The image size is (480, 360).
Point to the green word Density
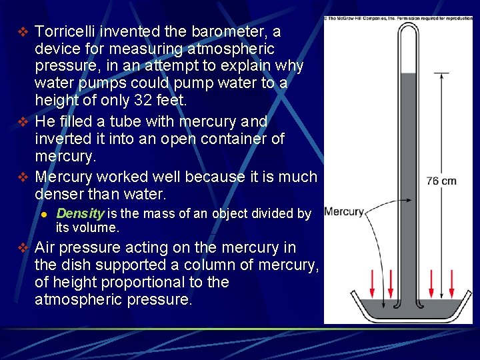[x=80, y=213]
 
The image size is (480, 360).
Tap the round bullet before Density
[x=43, y=214]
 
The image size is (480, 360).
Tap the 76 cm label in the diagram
[x=441, y=181]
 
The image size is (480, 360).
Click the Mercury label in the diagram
[x=344, y=212]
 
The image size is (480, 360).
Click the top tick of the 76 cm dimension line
[x=441, y=72]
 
